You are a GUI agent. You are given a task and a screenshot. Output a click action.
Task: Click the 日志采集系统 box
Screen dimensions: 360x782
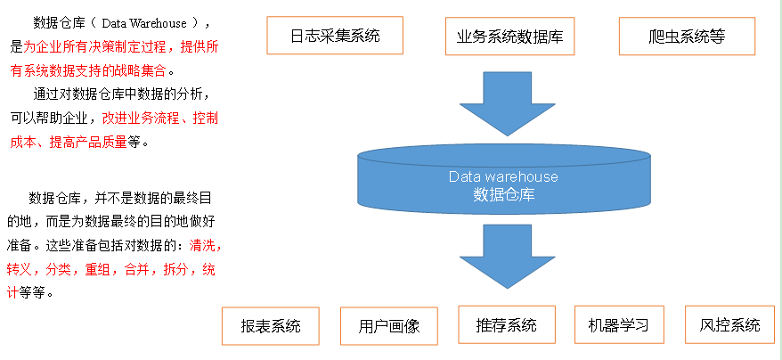tap(335, 37)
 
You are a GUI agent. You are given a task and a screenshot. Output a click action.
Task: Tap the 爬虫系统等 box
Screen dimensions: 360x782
tap(687, 37)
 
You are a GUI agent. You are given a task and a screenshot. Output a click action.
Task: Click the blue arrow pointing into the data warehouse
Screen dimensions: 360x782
tap(505, 102)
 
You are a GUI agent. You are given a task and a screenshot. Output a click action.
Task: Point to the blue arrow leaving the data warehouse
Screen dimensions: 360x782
tap(505, 256)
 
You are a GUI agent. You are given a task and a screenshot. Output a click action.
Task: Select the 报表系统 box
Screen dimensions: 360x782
tap(271, 325)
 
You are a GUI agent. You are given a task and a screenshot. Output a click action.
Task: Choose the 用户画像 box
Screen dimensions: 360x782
tap(389, 325)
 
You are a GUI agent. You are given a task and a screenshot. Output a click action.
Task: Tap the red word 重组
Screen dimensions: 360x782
tap(98, 268)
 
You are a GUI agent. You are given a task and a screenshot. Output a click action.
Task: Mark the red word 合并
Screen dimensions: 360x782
tap(137, 268)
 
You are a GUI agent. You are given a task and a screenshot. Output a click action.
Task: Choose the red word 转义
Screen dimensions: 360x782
tap(20, 268)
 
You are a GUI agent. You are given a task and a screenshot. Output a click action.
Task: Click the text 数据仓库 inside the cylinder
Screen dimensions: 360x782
tap(503, 194)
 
